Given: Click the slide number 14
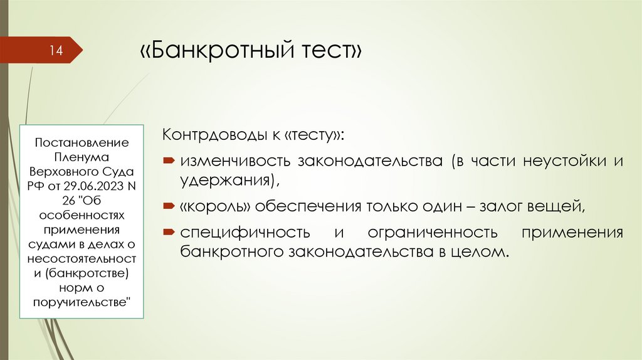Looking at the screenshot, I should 57,51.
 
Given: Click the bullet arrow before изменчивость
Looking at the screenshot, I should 169,162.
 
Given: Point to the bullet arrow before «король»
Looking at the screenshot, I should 169,206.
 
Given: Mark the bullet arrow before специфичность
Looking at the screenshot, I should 169,233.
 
